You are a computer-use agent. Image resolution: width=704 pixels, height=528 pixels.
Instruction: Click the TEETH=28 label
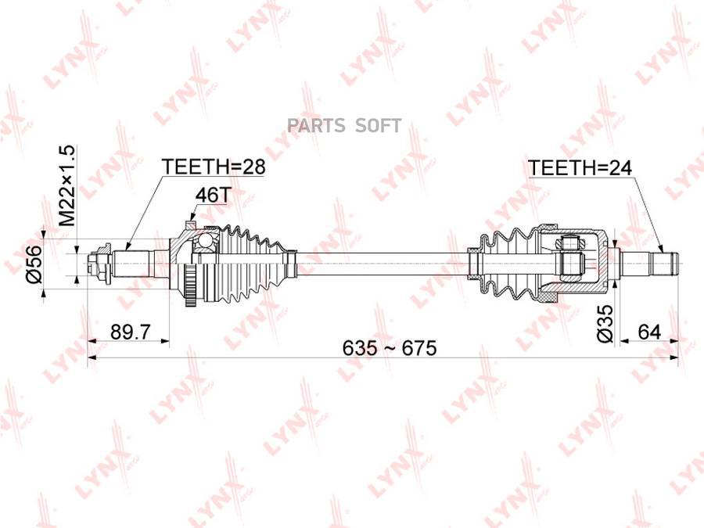click(214, 167)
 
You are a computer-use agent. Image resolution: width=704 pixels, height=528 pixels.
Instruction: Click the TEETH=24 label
click(580, 167)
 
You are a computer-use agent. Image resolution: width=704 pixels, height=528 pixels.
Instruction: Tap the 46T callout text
click(213, 195)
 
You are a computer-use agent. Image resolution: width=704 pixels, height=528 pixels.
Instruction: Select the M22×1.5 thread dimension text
click(67, 185)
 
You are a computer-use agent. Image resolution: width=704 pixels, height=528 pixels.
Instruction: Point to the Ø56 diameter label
click(34, 264)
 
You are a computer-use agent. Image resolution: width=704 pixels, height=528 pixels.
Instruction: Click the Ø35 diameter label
click(605, 324)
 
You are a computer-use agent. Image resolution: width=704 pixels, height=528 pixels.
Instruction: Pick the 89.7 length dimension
click(130, 332)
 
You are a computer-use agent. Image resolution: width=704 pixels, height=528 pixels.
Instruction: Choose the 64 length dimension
click(649, 332)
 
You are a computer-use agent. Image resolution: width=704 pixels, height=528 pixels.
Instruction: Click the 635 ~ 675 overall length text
click(390, 348)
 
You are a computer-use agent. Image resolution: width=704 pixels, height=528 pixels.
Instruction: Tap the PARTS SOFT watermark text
click(344, 126)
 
